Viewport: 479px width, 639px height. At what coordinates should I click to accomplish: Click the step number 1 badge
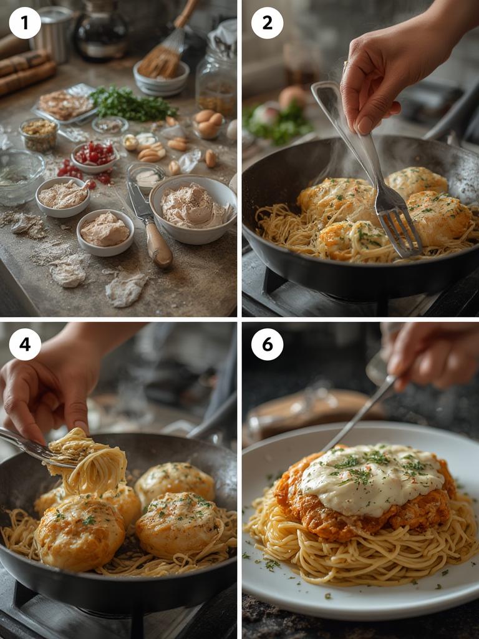point(25,23)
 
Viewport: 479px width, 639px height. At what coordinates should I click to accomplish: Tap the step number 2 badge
point(267,23)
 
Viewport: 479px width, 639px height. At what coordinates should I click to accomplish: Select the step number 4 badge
point(25,344)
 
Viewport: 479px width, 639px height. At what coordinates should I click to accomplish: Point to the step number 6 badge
point(267,344)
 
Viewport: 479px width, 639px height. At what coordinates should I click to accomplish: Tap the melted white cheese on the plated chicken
point(371,477)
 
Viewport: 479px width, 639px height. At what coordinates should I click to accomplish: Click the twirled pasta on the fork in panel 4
point(90,462)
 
